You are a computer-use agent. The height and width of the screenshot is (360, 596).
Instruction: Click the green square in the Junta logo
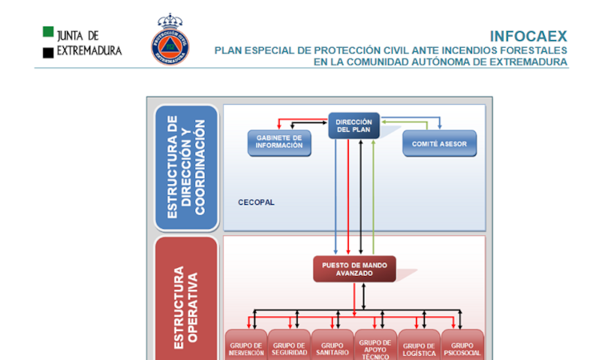click(x=48, y=33)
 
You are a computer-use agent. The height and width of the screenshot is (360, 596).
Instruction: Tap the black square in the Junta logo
click(x=48, y=52)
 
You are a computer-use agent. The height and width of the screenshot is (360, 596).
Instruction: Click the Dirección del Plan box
click(x=354, y=126)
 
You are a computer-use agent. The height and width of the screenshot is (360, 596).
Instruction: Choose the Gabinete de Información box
click(x=279, y=142)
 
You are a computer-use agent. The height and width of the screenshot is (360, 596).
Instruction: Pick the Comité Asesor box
click(x=439, y=143)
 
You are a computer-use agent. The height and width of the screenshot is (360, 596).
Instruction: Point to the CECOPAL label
click(x=256, y=202)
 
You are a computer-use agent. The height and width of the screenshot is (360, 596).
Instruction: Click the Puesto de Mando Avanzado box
click(x=354, y=269)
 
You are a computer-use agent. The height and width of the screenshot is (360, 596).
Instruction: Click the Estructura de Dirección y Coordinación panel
click(x=186, y=167)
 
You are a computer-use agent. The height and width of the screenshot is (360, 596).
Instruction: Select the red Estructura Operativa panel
click(x=186, y=300)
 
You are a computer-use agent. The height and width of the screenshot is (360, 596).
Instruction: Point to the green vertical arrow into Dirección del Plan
click(x=374, y=192)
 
